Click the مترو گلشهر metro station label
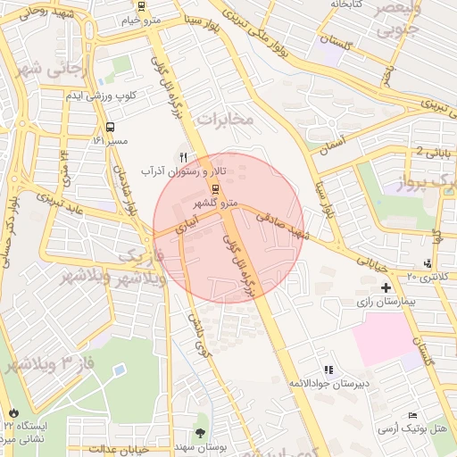pos(217,203)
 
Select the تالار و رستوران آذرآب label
pos(188,170)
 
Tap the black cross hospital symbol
pos(386,287)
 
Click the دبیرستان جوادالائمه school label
pos(328,383)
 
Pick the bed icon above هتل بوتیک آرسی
pos(411,415)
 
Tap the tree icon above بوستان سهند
pos(199,420)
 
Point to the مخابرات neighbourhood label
pos(225,119)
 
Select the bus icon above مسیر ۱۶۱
pos(110,127)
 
